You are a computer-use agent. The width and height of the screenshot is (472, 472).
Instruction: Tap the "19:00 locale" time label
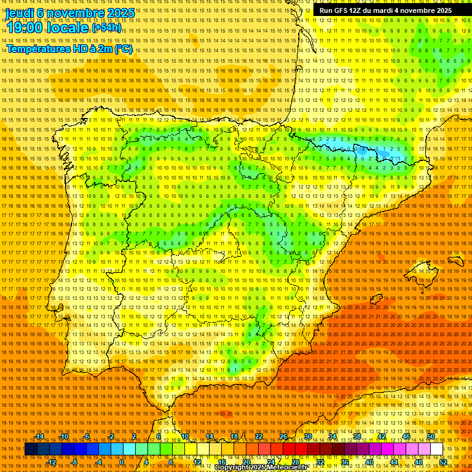[x=47, y=28]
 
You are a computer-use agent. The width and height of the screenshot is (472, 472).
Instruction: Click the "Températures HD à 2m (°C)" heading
[x=69, y=49]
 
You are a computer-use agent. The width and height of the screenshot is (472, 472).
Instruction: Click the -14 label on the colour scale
[x=40, y=437]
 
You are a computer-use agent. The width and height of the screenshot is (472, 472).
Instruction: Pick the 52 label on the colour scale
[x=443, y=462]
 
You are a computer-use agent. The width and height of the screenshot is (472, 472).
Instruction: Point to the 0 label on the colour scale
[x=122, y=462]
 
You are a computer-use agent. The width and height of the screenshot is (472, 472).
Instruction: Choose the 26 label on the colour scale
[x=283, y=437]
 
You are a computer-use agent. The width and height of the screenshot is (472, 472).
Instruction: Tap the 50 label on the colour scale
[x=431, y=437]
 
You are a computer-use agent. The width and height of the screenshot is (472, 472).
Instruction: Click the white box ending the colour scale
[x=437, y=449]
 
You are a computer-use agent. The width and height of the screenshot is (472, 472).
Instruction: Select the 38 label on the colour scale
[x=357, y=437]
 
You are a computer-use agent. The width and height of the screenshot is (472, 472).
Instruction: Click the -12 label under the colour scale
[x=52, y=462]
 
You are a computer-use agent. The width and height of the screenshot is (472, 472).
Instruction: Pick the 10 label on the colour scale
[x=184, y=437]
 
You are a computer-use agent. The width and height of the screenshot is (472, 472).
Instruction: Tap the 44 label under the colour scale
[x=393, y=462]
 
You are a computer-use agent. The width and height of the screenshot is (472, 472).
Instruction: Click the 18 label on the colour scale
[x=234, y=437]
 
